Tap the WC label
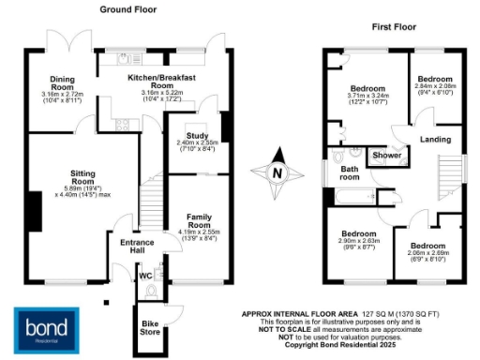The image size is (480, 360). click(143, 276)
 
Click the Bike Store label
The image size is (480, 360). click(148, 327)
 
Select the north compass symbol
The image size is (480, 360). click(277, 172)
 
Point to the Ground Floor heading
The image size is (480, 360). click(129, 9)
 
